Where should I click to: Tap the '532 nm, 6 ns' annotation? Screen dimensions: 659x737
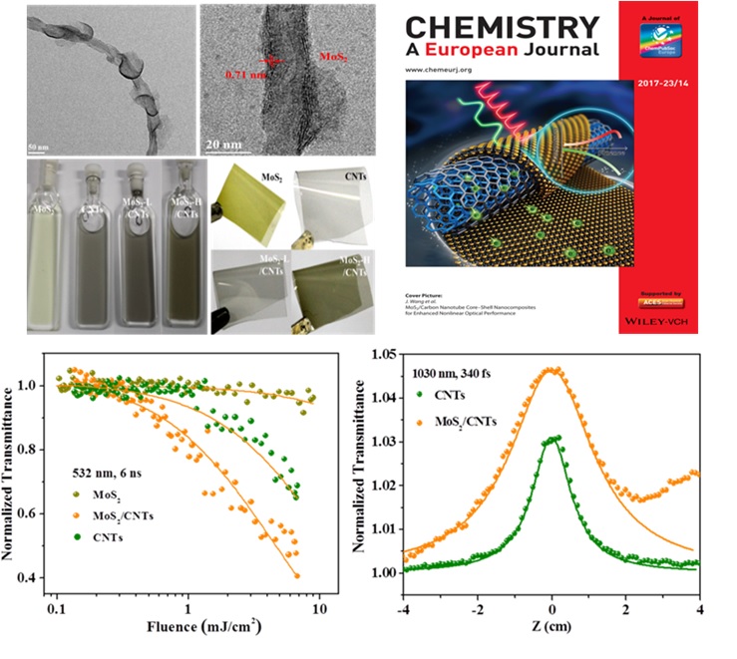pos(115,468)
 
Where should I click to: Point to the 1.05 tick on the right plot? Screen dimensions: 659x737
pos(382,353)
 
